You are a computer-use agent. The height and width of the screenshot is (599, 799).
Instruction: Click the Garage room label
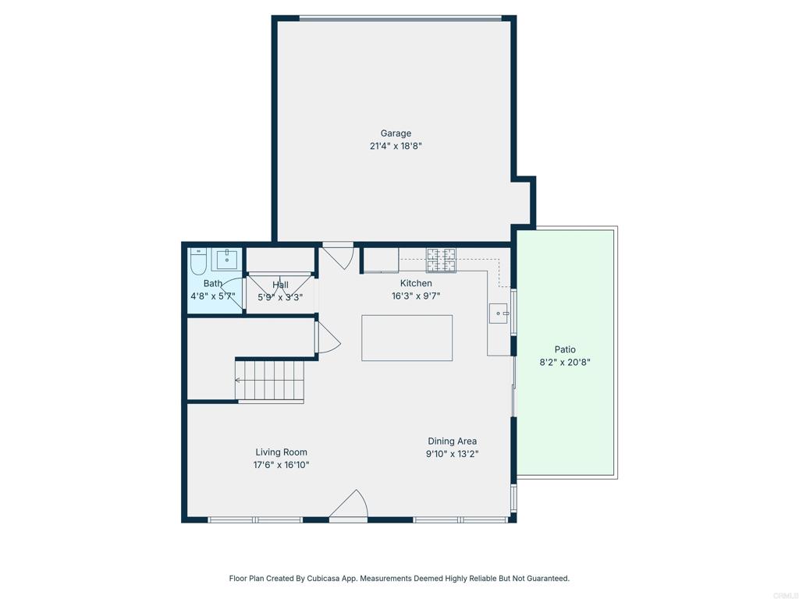coord(396,133)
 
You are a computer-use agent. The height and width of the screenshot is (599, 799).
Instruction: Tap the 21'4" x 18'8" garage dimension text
coord(396,146)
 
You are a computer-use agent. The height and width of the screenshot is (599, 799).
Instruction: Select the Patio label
coord(565,349)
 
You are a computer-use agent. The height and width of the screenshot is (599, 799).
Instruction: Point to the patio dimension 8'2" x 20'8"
coord(565,362)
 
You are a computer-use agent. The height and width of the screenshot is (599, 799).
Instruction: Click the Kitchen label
coord(416,283)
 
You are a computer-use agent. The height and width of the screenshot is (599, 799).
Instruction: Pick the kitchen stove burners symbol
coord(441,260)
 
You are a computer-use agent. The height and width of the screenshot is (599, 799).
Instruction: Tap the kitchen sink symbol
coord(498,314)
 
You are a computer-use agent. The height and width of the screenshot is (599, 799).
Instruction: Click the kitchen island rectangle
coord(407,338)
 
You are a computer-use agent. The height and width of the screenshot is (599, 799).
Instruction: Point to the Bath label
coord(213,283)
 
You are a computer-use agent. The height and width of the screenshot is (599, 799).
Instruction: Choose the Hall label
coord(280,285)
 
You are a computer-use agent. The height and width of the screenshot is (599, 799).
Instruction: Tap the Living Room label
coord(282,452)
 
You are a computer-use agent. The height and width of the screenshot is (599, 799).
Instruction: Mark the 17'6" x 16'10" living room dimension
coord(282,465)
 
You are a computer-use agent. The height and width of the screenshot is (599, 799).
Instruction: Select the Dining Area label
coord(452,441)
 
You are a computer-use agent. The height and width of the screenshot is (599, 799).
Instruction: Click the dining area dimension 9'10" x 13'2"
coord(452,454)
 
